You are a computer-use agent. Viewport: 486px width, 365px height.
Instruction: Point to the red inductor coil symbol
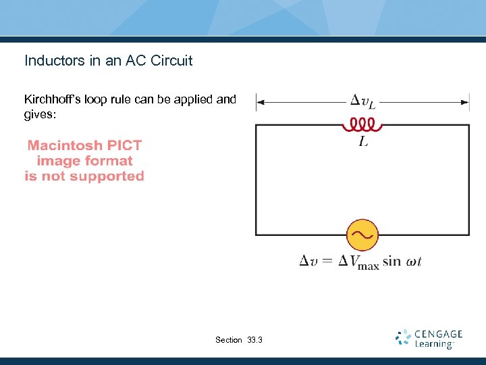tap(362, 125)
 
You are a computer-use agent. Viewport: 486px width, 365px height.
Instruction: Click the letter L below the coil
tap(363, 143)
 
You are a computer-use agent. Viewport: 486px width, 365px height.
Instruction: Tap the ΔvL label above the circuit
tap(363, 103)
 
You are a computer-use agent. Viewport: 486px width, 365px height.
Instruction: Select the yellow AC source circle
tap(362, 235)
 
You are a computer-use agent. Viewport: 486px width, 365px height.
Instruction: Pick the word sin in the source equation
tap(391, 262)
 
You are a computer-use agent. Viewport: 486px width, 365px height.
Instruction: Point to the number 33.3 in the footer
tap(257, 340)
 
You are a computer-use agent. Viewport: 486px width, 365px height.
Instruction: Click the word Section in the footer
tap(228, 340)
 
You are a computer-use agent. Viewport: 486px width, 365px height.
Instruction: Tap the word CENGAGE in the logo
tap(438, 334)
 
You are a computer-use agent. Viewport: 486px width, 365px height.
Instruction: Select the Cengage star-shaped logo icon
tap(404, 337)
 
